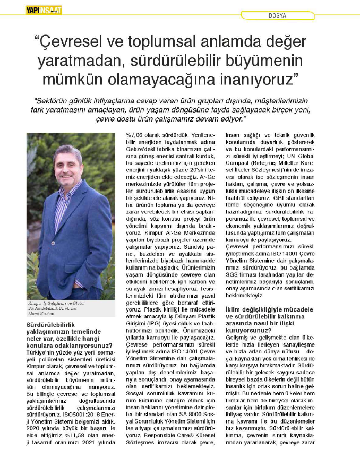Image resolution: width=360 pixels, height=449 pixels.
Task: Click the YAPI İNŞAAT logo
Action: [44, 9]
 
